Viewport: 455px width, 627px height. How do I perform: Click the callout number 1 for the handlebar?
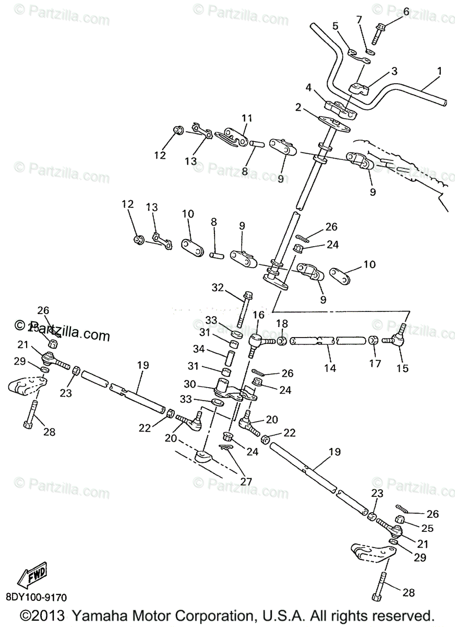coord(439,71)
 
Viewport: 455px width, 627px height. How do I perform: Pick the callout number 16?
coord(258,315)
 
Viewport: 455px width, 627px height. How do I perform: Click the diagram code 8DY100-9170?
coord(37,597)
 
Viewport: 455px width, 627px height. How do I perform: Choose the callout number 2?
coord(298,108)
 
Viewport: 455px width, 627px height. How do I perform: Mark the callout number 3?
coord(394,71)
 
